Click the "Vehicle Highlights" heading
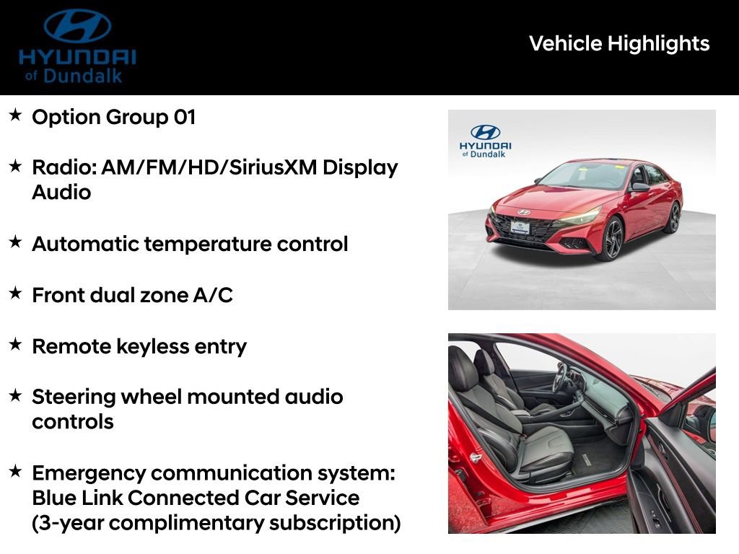pyautogui.click(x=619, y=43)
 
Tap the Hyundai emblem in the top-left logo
pyautogui.click(x=77, y=26)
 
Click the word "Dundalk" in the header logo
pyautogui.click(x=83, y=75)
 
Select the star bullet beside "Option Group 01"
pyautogui.click(x=15, y=115)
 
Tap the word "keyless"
pyautogui.click(x=136, y=346)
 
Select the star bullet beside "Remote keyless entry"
pyautogui.click(x=15, y=345)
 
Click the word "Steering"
pyautogui.click(x=74, y=397)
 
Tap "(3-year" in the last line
pyautogui.click(x=67, y=523)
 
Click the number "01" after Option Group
pyautogui.click(x=184, y=117)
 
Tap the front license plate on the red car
pyautogui.click(x=520, y=226)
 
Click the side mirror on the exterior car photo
pyautogui.click(x=639, y=187)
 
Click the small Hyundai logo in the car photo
pyautogui.click(x=485, y=132)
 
